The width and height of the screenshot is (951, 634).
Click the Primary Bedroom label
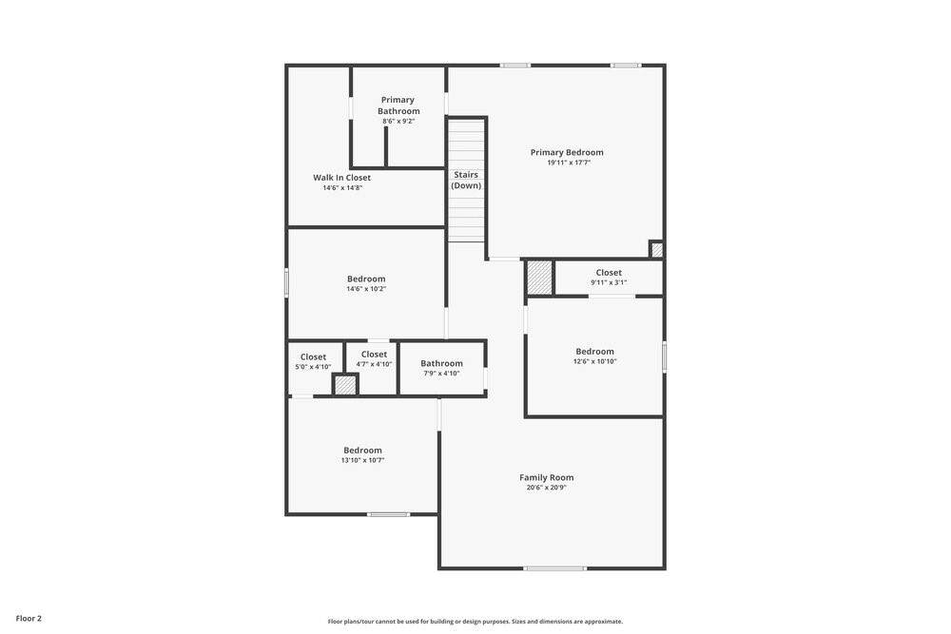[567, 153]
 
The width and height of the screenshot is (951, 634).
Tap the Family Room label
[547, 477]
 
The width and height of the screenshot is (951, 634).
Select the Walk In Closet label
[342, 178]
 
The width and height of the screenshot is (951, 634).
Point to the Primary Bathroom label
[398, 106]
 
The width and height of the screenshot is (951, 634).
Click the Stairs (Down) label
[466, 180]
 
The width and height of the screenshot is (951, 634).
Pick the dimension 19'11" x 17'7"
[569, 163]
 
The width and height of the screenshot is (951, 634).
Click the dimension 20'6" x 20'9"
[547, 488]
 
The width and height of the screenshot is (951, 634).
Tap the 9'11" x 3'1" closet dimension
[609, 282]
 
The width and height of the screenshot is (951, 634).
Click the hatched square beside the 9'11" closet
[539, 279]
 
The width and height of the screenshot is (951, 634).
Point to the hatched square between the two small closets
[345, 385]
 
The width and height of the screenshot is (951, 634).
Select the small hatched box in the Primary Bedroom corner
[657, 250]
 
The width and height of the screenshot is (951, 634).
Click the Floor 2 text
[29, 619]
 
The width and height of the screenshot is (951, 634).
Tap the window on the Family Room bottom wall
[555, 568]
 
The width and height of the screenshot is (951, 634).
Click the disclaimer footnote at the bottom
[475, 622]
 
